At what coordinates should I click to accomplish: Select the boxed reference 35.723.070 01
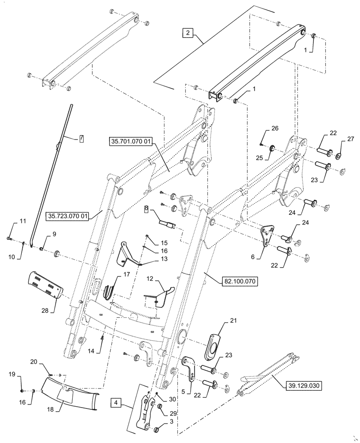coord(68,216)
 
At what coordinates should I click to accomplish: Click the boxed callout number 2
coord(188,33)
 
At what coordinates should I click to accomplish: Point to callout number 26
coord(275,128)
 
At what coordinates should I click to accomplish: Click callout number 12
coord(150,279)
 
